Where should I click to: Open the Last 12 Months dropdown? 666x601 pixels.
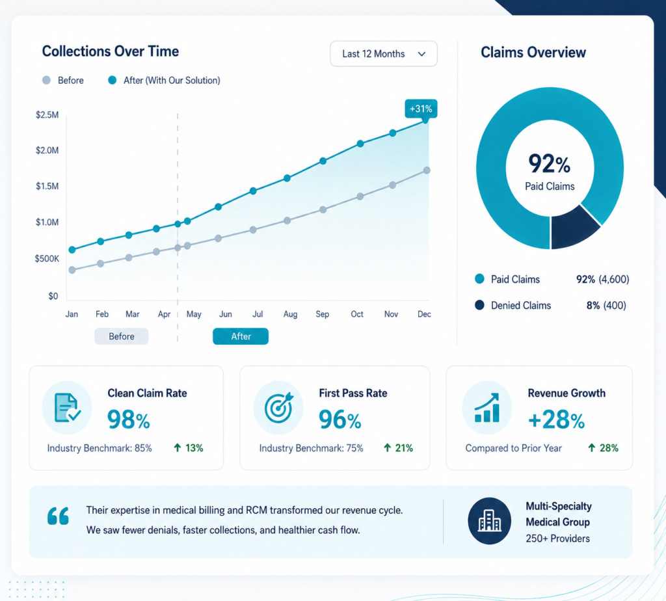tap(384, 53)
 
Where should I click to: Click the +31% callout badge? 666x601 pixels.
tap(421, 109)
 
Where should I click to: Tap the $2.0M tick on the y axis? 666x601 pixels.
tap(47, 150)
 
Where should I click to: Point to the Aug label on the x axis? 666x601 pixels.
tap(290, 314)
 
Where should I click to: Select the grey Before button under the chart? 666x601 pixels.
tap(122, 336)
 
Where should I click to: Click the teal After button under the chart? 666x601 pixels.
tap(241, 336)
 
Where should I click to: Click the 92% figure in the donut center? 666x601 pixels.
tap(549, 164)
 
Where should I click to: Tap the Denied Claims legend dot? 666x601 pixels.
tap(479, 305)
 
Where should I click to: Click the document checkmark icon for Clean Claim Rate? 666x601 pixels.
tap(67, 408)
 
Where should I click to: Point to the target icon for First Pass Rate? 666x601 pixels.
tap(278, 408)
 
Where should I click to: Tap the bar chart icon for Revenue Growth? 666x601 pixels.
tap(486, 408)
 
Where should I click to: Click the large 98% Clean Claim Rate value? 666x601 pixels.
tap(128, 420)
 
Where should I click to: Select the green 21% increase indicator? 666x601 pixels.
tap(398, 448)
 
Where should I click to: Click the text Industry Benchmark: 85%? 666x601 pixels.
tap(100, 448)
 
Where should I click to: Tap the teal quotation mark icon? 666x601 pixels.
tap(58, 516)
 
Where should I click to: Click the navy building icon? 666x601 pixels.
tap(489, 521)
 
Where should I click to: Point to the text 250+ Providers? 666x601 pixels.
tap(557, 539)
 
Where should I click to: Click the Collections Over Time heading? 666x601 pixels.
tap(111, 51)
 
